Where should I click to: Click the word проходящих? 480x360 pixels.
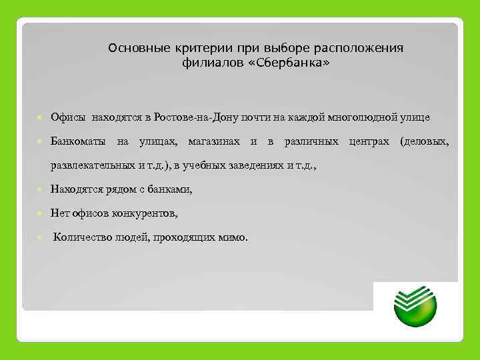(189, 236)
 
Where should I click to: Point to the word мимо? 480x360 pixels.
(233, 236)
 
